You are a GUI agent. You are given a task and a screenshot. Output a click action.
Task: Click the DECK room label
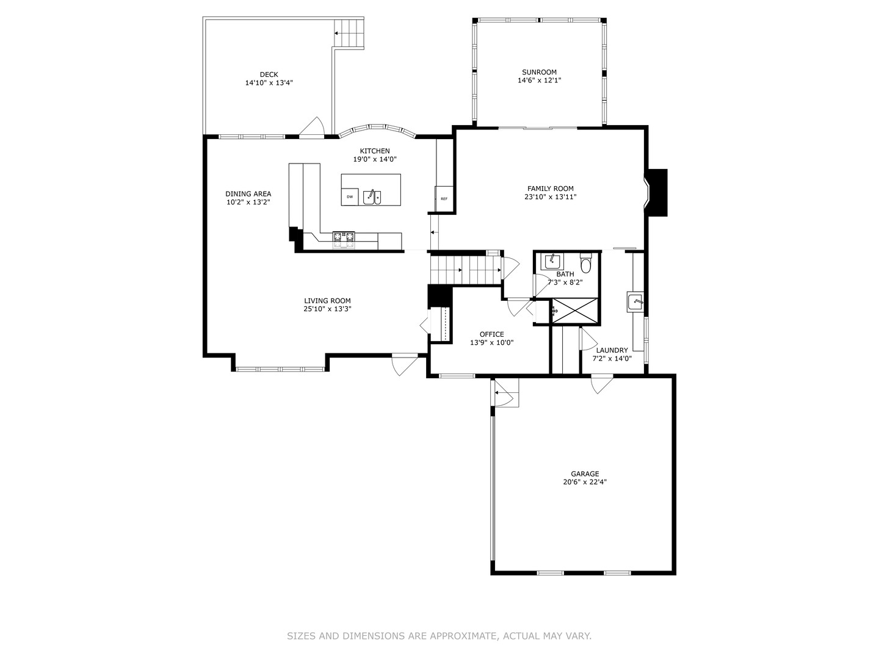pos(269,75)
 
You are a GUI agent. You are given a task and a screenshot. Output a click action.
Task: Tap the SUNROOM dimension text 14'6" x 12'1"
pos(539,81)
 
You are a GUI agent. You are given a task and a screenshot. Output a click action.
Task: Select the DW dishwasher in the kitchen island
pos(350,196)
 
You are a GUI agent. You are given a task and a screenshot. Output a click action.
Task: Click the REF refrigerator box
pos(444,198)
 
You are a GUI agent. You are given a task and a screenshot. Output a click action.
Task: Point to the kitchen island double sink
pos(372,196)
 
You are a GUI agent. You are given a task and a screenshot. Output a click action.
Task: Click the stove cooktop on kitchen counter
pos(343,240)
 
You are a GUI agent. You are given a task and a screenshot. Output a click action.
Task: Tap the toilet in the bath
pos(586,264)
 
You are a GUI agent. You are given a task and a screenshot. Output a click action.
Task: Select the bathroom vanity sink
pos(554,261)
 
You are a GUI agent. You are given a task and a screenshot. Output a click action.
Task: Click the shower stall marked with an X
pos(574,311)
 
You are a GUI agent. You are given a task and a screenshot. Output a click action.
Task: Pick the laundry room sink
pos(635,302)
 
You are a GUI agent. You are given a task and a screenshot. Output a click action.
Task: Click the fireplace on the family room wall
pos(657,192)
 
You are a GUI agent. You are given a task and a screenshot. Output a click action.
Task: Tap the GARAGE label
pos(585,474)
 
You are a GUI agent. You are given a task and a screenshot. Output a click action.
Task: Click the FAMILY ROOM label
pos(550,189)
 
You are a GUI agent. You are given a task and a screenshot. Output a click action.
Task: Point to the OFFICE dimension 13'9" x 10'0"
pos(491,343)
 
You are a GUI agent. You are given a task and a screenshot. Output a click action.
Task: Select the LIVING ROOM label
pos(327,301)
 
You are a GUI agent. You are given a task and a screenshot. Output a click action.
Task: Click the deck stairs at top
pos(349,33)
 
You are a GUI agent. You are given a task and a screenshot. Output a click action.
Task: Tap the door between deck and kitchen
pos(313,128)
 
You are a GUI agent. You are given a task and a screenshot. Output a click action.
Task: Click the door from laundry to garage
pos(601,384)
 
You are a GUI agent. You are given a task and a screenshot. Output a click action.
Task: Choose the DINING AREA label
pos(248,194)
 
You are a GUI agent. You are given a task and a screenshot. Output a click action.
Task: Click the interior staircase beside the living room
pos(464,268)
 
